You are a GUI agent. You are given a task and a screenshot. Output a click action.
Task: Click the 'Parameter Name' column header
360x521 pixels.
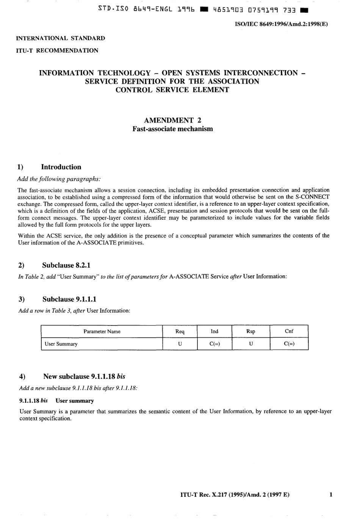[102, 332]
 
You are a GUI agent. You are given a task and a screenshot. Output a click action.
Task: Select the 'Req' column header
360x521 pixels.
[180, 332]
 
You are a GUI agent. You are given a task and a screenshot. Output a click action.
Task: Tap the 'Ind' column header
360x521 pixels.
[214, 332]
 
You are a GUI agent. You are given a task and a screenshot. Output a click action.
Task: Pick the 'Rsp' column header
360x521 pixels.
[250, 332]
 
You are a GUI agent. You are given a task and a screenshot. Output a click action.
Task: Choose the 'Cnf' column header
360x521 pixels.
[289, 331]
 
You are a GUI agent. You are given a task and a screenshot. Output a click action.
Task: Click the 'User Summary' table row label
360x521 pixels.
[61, 344]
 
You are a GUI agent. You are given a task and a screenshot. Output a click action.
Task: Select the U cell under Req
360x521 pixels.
[180, 344]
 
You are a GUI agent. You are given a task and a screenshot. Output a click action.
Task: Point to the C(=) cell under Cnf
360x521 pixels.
[289, 344]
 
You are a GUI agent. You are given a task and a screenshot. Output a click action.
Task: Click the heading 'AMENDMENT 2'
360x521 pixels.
[172, 120]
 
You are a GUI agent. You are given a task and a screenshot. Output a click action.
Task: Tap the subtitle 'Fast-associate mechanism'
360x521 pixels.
[172, 129]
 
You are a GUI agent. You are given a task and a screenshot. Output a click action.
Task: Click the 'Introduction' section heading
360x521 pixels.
[61, 167]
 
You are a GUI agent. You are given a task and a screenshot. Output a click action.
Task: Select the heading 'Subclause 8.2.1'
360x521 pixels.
[66, 265]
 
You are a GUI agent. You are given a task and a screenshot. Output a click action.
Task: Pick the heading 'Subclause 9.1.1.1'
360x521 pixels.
[69, 299]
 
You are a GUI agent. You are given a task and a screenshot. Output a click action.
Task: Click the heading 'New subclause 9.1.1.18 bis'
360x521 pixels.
[84, 377]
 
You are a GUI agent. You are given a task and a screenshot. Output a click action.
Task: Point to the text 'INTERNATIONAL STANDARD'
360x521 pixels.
[60, 38]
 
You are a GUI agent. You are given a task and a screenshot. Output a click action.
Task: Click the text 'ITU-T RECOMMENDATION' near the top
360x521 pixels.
[57, 50]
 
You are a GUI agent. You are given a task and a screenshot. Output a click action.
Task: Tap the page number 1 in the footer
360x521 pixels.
[331, 494]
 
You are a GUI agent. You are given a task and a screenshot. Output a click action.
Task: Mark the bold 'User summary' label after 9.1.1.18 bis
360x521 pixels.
[75, 401]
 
